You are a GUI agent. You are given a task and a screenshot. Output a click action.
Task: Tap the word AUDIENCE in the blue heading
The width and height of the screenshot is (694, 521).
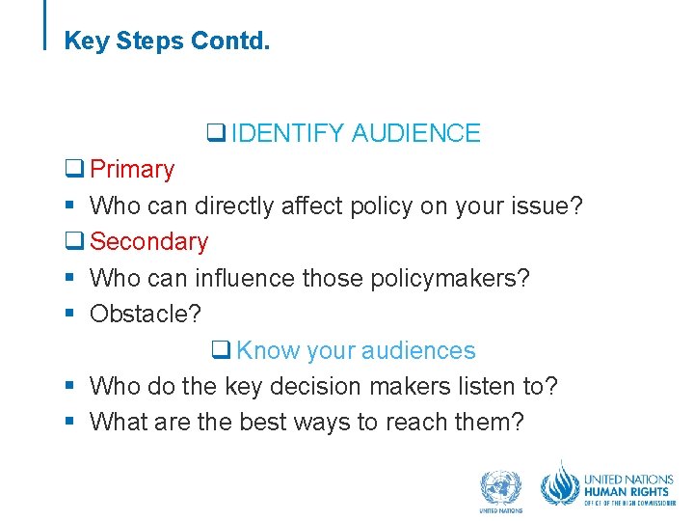coord(415,133)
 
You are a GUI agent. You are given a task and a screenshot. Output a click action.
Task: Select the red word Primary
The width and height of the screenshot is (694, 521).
coord(132,170)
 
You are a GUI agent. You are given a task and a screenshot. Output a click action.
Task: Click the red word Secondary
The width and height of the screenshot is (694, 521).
coord(148,242)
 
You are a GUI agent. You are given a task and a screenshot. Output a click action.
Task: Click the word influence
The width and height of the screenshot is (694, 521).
coord(245,278)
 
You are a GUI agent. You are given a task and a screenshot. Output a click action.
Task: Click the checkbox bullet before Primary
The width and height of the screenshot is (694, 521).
coord(73,171)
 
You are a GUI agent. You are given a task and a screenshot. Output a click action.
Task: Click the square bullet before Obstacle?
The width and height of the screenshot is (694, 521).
coord(70,315)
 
